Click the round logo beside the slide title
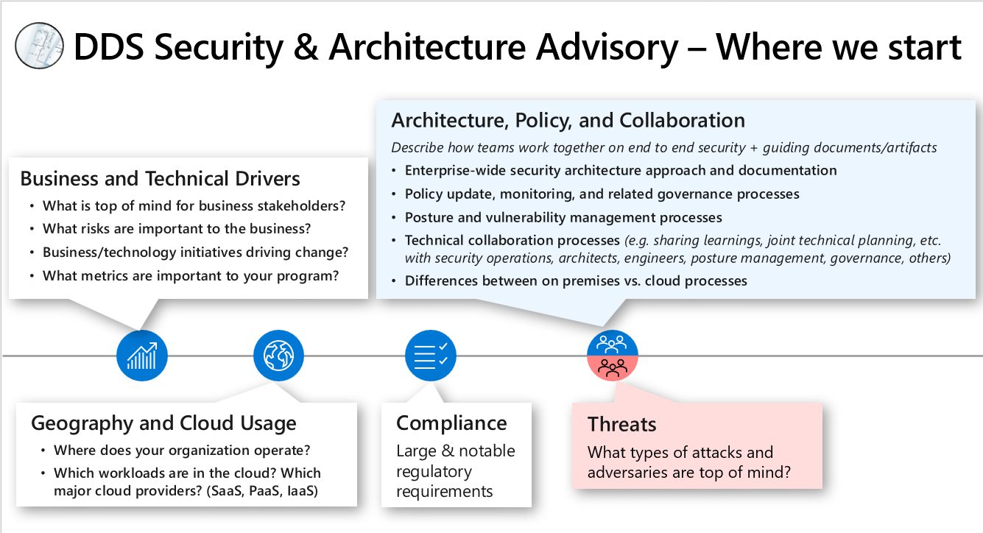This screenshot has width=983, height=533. (39, 46)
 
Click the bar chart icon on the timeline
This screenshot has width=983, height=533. (142, 356)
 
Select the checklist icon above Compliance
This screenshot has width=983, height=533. (431, 356)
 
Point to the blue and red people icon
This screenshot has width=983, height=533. (612, 356)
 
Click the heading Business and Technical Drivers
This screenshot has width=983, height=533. (160, 179)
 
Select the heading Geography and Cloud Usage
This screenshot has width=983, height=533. (163, 423)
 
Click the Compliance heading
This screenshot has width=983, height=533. (451, 423)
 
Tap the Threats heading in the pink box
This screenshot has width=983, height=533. (621, 424)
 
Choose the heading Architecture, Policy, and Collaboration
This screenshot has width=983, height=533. (568, 120)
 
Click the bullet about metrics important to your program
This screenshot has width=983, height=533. (190, 276)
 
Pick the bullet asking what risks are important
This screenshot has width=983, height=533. (177, 229)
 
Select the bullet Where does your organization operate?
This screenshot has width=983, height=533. (181, 450)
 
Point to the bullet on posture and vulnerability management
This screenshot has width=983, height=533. (563, 217)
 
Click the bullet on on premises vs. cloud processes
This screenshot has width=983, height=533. (576, 280)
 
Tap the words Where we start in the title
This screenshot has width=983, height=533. (839, 47)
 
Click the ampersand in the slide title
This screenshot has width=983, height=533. (306, 47)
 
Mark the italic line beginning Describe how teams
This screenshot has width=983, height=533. (663, 147)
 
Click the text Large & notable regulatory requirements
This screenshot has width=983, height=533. (455, 471)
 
